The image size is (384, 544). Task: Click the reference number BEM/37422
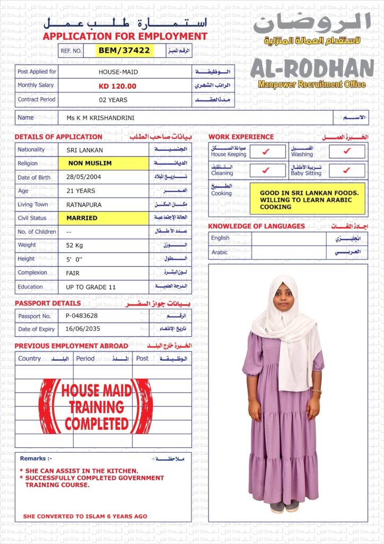(x=125, y=50)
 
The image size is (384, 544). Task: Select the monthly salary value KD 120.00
(x=117, y=86)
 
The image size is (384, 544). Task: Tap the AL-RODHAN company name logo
(x=312, y=69)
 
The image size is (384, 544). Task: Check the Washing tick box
(x=346, y=151)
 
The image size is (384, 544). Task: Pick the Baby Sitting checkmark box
(x=346, y=171)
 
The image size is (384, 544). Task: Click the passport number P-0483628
(x=82, y=316)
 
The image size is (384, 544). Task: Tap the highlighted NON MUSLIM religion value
(x=90, y=164)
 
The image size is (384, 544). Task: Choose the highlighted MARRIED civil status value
(x=82, y=218)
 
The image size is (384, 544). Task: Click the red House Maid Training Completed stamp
(x=97, y=407)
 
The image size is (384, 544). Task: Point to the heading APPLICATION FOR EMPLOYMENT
(x=125, y=37)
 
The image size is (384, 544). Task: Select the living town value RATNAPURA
(x=84, y=205)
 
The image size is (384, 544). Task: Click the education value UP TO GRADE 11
(x=91, y=287)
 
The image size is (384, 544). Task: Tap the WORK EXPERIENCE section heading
(x=241, y=137)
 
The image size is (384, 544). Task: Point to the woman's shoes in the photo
(x=284, y=506)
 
